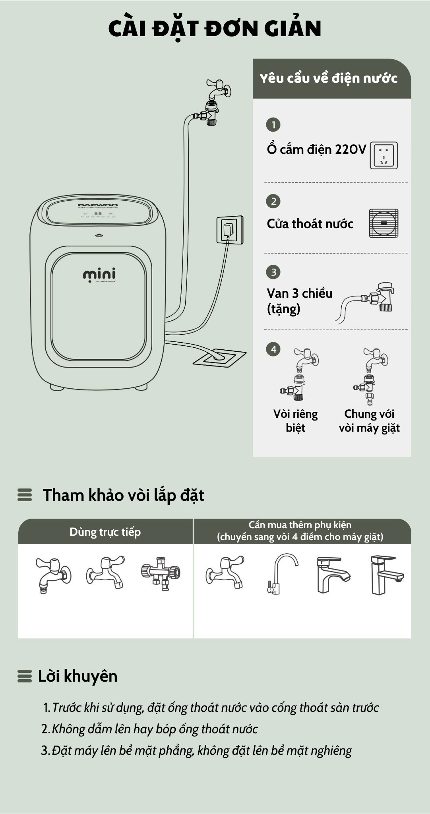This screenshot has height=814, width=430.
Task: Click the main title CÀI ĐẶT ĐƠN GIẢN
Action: (215, 29)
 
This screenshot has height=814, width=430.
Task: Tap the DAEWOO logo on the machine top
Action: (98, 205)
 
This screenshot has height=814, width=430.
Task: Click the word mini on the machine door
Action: (99, 274)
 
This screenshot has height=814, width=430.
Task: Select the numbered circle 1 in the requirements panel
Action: (273, 125)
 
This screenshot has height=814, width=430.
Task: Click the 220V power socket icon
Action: (384, 155)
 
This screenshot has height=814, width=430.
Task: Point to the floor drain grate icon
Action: (384, 223)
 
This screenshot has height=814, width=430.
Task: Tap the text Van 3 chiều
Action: (299, 293)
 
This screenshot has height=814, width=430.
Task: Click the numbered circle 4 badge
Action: (273, 349)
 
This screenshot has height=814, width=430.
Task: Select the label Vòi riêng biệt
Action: (295, 421)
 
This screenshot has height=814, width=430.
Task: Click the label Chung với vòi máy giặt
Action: (369, 421)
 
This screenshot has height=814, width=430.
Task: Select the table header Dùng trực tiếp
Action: (105, 532)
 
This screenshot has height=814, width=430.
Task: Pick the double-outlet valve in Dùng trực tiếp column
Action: (161, 573)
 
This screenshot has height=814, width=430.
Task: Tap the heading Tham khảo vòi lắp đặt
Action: (123, 495)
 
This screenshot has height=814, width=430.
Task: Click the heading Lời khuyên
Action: (77, 676)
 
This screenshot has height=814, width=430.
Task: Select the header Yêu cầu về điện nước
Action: (328, 78)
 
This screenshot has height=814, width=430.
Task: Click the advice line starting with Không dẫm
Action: (154, 729)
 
